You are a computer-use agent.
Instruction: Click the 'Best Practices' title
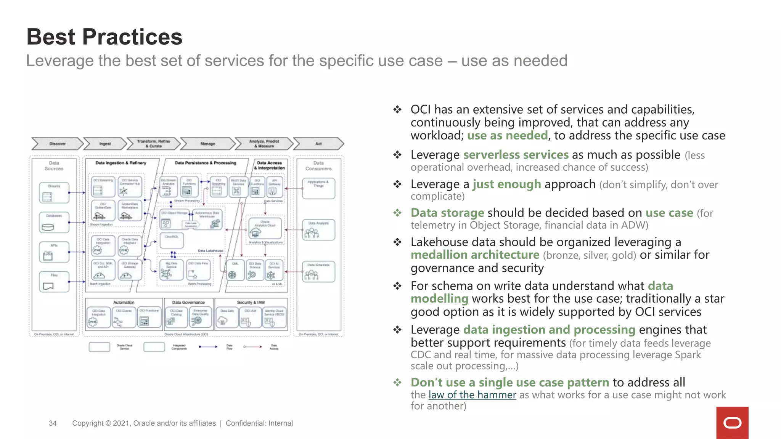[x=104, y=37]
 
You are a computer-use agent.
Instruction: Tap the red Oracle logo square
[x=732, y=423]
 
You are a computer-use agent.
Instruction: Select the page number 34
[x=53, y=423]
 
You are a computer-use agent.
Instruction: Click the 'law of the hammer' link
[x=472, y=395]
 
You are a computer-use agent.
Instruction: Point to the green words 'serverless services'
[x=516, y=155]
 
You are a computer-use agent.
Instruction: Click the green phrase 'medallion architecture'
[x=475, y=255]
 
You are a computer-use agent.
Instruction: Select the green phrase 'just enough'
[x=506, y=184]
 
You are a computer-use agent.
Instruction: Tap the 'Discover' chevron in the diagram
[x=57, y=144]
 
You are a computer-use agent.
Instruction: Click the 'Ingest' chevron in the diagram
[x=105, y=144]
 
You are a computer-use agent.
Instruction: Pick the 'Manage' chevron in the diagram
[x=208, y=144]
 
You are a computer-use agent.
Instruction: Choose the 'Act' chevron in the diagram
[x=318, y=144]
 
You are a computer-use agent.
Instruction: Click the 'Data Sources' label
[x=54, y=166]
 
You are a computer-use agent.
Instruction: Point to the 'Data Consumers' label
[x=318, y=166]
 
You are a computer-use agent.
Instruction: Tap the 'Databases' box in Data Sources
[x=54, y=222]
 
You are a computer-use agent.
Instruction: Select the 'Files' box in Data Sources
[x=54, y=282]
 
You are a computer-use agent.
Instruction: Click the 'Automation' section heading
[x=124, y=302]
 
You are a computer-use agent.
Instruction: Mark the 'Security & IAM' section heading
[x=251, y=302]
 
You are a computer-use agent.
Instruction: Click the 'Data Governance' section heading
[x=188, y=302]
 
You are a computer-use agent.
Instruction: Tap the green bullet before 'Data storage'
[x=397, y=213]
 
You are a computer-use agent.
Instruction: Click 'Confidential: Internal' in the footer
[x=259, y=423]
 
